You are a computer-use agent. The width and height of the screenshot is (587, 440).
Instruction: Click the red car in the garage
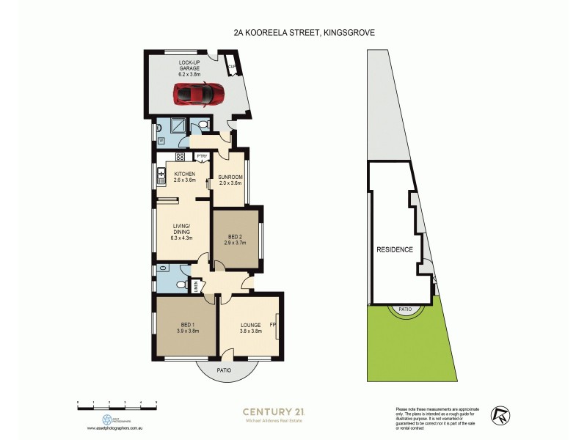tap(199, 94)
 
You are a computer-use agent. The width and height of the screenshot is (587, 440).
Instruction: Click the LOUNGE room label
tap(251, 328)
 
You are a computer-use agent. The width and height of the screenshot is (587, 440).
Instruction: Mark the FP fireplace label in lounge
tap(272, 323)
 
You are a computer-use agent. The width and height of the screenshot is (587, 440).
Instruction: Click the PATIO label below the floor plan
tap(225, 370)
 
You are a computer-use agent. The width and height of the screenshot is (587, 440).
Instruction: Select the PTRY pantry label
tap(201, 157)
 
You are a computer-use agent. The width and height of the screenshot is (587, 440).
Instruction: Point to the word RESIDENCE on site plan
tap(395, 249)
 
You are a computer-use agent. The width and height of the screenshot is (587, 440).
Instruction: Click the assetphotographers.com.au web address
tap(117, 428)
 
